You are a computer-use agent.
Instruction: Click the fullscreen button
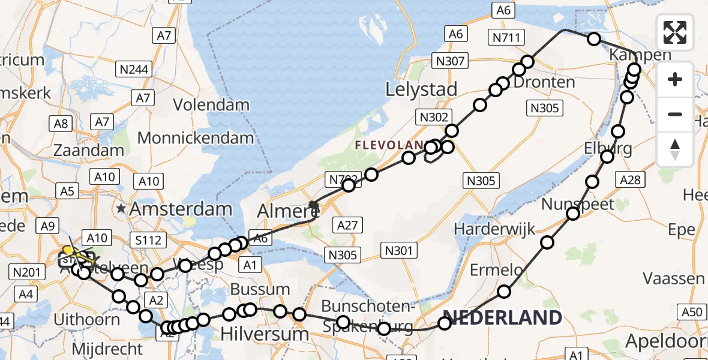pos(675,32)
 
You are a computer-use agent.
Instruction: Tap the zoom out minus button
pos(675,114)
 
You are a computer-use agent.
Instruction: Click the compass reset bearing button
pos(675,149)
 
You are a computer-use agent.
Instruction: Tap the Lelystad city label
pos(421,89)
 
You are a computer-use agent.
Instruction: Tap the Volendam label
pos(211,104)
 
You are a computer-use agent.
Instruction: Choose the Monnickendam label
pos(196,138)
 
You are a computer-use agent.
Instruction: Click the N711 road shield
pos(508,37)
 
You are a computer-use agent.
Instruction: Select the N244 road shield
pos(133,70)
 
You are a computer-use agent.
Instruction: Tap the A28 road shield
pos(631,179)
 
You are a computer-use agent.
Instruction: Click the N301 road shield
pos(398,251)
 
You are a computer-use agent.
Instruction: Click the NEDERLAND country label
pos(502,317)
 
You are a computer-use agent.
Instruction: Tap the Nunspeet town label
pos(578,204)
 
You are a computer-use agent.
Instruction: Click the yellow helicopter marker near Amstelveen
pos(68,250)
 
